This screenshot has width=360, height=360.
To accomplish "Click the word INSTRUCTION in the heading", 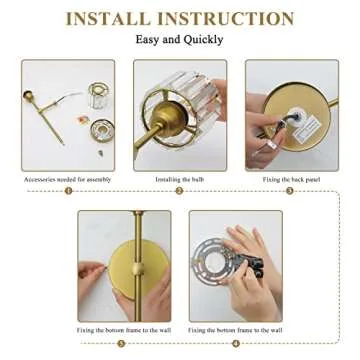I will (230, 19).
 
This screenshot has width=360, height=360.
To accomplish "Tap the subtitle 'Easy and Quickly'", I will (180, 40).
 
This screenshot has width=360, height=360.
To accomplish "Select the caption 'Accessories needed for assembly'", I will (67, 179).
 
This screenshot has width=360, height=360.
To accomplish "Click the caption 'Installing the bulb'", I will (179, 179).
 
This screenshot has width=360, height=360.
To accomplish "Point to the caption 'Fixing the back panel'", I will (290, 179).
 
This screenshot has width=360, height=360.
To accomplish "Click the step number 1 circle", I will (68, 190).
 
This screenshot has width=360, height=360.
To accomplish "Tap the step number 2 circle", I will (179, 190).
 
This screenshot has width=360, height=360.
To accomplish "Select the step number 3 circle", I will (290, 190).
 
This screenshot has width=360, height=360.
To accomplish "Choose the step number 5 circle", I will (122, 343).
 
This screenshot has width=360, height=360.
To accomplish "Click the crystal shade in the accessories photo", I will (97, 96).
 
